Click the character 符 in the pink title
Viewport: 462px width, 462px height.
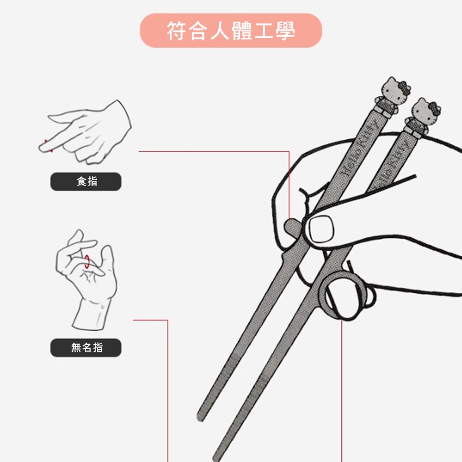tap(177, 31)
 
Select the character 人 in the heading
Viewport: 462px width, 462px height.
tap(220, 31)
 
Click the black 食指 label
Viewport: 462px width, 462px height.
tap(85, 181)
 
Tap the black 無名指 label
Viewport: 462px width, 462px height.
tap(85, 348)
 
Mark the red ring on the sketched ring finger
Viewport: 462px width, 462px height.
tap(87, 262)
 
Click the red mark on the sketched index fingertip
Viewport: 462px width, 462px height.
tap(49, 146)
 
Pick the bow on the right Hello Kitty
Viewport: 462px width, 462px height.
tap(435, 109)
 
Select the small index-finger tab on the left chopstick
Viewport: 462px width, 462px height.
tap(292, 228)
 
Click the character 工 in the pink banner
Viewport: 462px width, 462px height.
tap(263, 31)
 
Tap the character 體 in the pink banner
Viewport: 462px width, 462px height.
tap(241, 31)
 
